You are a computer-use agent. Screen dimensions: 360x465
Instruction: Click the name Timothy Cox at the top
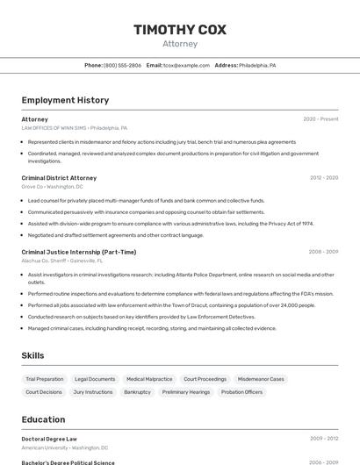pos(180,30)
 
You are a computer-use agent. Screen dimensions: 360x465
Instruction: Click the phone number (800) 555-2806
pos(122,65)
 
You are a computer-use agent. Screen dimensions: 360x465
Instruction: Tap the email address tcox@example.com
pos(180,65)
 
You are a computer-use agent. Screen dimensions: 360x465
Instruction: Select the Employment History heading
pos(65,100)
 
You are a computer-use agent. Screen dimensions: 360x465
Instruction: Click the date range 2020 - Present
pos(320,119)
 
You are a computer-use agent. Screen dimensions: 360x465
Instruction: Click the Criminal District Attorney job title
pos(59,178)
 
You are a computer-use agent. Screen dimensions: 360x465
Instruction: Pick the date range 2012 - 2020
pos(324,178)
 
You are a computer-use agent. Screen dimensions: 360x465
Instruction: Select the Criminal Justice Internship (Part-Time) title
pos(79,252)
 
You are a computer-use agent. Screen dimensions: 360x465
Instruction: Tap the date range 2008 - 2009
pos(324,252)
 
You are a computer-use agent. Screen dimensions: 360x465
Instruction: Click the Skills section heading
pos(33,355)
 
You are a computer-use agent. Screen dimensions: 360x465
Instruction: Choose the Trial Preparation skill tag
pos(44,379)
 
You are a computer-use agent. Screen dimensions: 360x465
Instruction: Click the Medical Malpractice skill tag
pos(149,379)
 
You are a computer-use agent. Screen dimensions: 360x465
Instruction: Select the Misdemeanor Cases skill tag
pos(261,379)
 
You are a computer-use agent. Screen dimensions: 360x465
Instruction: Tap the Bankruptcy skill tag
pos(137,392)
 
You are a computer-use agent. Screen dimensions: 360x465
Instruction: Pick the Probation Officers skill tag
pos(241,392)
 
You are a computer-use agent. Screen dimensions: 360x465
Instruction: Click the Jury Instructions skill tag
pos(93,392)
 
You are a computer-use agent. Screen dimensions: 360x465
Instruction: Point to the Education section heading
pos(43,419)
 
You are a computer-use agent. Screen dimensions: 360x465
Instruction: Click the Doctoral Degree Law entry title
pos(49,439)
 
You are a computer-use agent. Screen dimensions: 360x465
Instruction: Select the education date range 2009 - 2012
pos(324,439)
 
